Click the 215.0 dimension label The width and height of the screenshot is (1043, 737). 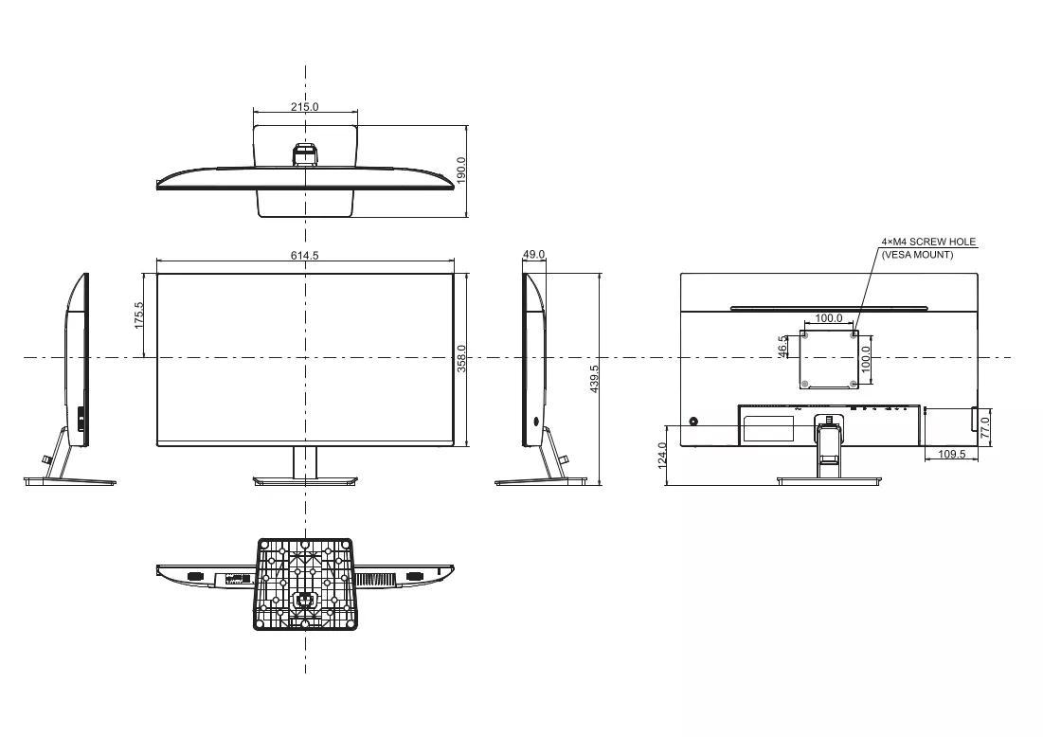click(x=305, y=106)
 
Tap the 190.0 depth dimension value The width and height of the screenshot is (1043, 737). click(x=461, y=171)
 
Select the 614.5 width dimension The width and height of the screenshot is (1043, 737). click(x=305, y=256)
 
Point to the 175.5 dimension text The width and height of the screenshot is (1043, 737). click(x=139, y=315)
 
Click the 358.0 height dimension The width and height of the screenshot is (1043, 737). click(x=461, y=358)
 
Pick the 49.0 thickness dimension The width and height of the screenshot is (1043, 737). click(x=533, y=254)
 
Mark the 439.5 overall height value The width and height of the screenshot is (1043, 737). click(x=594, y=379)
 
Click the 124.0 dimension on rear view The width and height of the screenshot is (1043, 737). click(x=662, y=456)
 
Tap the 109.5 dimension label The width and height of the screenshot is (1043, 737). click(x=951, y=455)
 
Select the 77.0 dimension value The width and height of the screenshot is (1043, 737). click(x=985, y=426)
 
